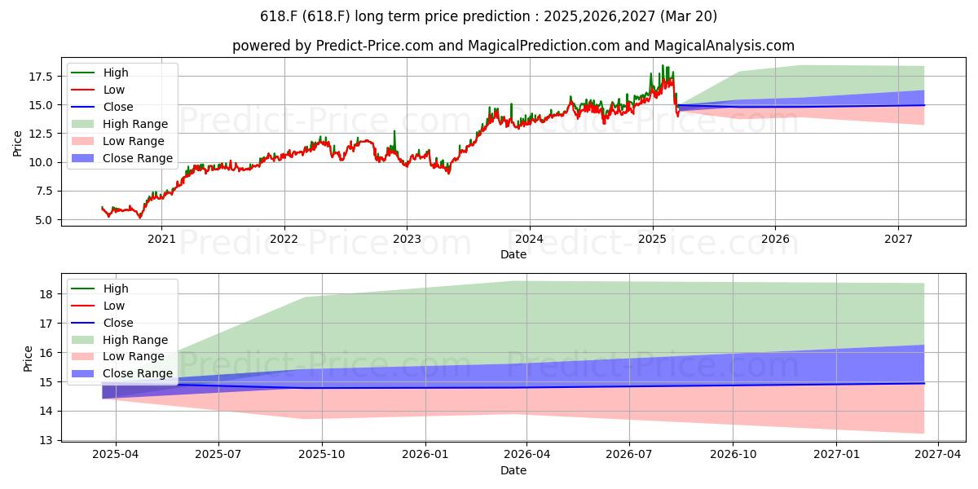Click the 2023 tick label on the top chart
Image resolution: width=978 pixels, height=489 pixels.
point(407,239)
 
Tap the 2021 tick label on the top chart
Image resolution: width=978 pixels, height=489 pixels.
point(161,239)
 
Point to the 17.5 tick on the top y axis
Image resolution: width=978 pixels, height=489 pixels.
point(41,77)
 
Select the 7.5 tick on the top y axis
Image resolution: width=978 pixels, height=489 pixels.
point(44,192)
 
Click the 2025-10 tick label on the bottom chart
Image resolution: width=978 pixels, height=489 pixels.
point(322,454)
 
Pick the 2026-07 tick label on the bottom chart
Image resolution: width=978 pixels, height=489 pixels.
point(629,454)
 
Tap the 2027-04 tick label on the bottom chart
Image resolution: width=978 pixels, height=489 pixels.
point(938,454)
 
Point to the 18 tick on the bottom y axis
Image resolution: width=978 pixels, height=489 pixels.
point(46,294)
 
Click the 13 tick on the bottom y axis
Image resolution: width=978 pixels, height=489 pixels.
point(46,440)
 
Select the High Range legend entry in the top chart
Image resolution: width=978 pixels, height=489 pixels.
point(120,124)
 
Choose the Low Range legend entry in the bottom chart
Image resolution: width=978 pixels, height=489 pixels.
point(118,356)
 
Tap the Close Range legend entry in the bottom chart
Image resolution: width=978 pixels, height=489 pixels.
point(122,373)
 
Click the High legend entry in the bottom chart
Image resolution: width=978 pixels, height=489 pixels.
point(100,289)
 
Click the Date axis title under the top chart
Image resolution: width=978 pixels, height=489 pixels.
point(513,254)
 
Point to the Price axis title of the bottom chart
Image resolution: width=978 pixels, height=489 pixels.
point(28,359)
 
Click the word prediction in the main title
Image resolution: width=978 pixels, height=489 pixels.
point(496,16)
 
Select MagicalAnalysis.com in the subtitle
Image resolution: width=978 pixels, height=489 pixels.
point(725,46)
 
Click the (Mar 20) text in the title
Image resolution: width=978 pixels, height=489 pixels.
point(689,16)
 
